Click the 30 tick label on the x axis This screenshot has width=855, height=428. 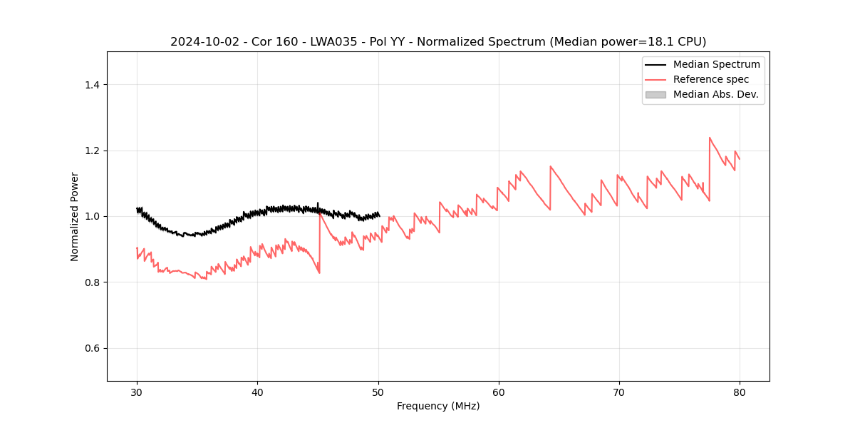click(137, 392)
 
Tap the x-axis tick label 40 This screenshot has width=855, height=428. click(257, 392)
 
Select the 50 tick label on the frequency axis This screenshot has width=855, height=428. click(378, 392)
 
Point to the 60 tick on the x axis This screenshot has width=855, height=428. click(499, 392)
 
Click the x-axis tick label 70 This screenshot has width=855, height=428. click(619, 392)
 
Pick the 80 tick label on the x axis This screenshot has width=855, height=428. click(740, 392)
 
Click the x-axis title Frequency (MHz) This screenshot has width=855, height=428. click(438, 406)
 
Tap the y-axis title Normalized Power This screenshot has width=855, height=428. click(75, 216)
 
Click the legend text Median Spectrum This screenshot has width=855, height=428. click(716, 64)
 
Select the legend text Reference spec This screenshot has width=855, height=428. click(710, 79)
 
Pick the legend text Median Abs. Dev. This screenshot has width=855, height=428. click(715, 94)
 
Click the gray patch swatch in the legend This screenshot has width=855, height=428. click(655, 94)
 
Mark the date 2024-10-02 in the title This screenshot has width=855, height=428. click(204, 42)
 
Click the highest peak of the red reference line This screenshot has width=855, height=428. click(710, 138)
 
